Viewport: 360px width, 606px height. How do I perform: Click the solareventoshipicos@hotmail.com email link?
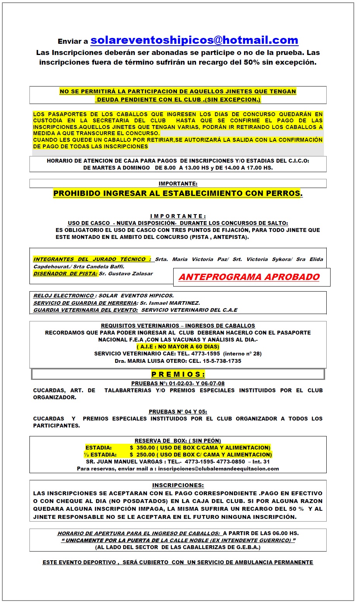pyautogui.click(x=194, y=40)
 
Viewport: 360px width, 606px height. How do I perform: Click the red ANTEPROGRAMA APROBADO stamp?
pyautogui.click(x=249, y=277)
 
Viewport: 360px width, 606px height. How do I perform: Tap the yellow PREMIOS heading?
pyautogui.click(x=178, y=374)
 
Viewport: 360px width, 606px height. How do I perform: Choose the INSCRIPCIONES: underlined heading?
pyautogui.click(x=178, y=485)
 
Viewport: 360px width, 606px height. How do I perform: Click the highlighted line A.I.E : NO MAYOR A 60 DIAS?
pyautogui.click(x=178, y=347)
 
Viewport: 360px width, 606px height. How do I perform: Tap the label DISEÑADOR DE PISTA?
pyautogui.click(x=65, y=274)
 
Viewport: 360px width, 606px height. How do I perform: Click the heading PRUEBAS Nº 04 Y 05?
pyautogui.click(x=178, y=412)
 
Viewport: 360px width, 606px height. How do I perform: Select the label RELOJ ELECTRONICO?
pyautogui.click(x=64, y=296)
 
